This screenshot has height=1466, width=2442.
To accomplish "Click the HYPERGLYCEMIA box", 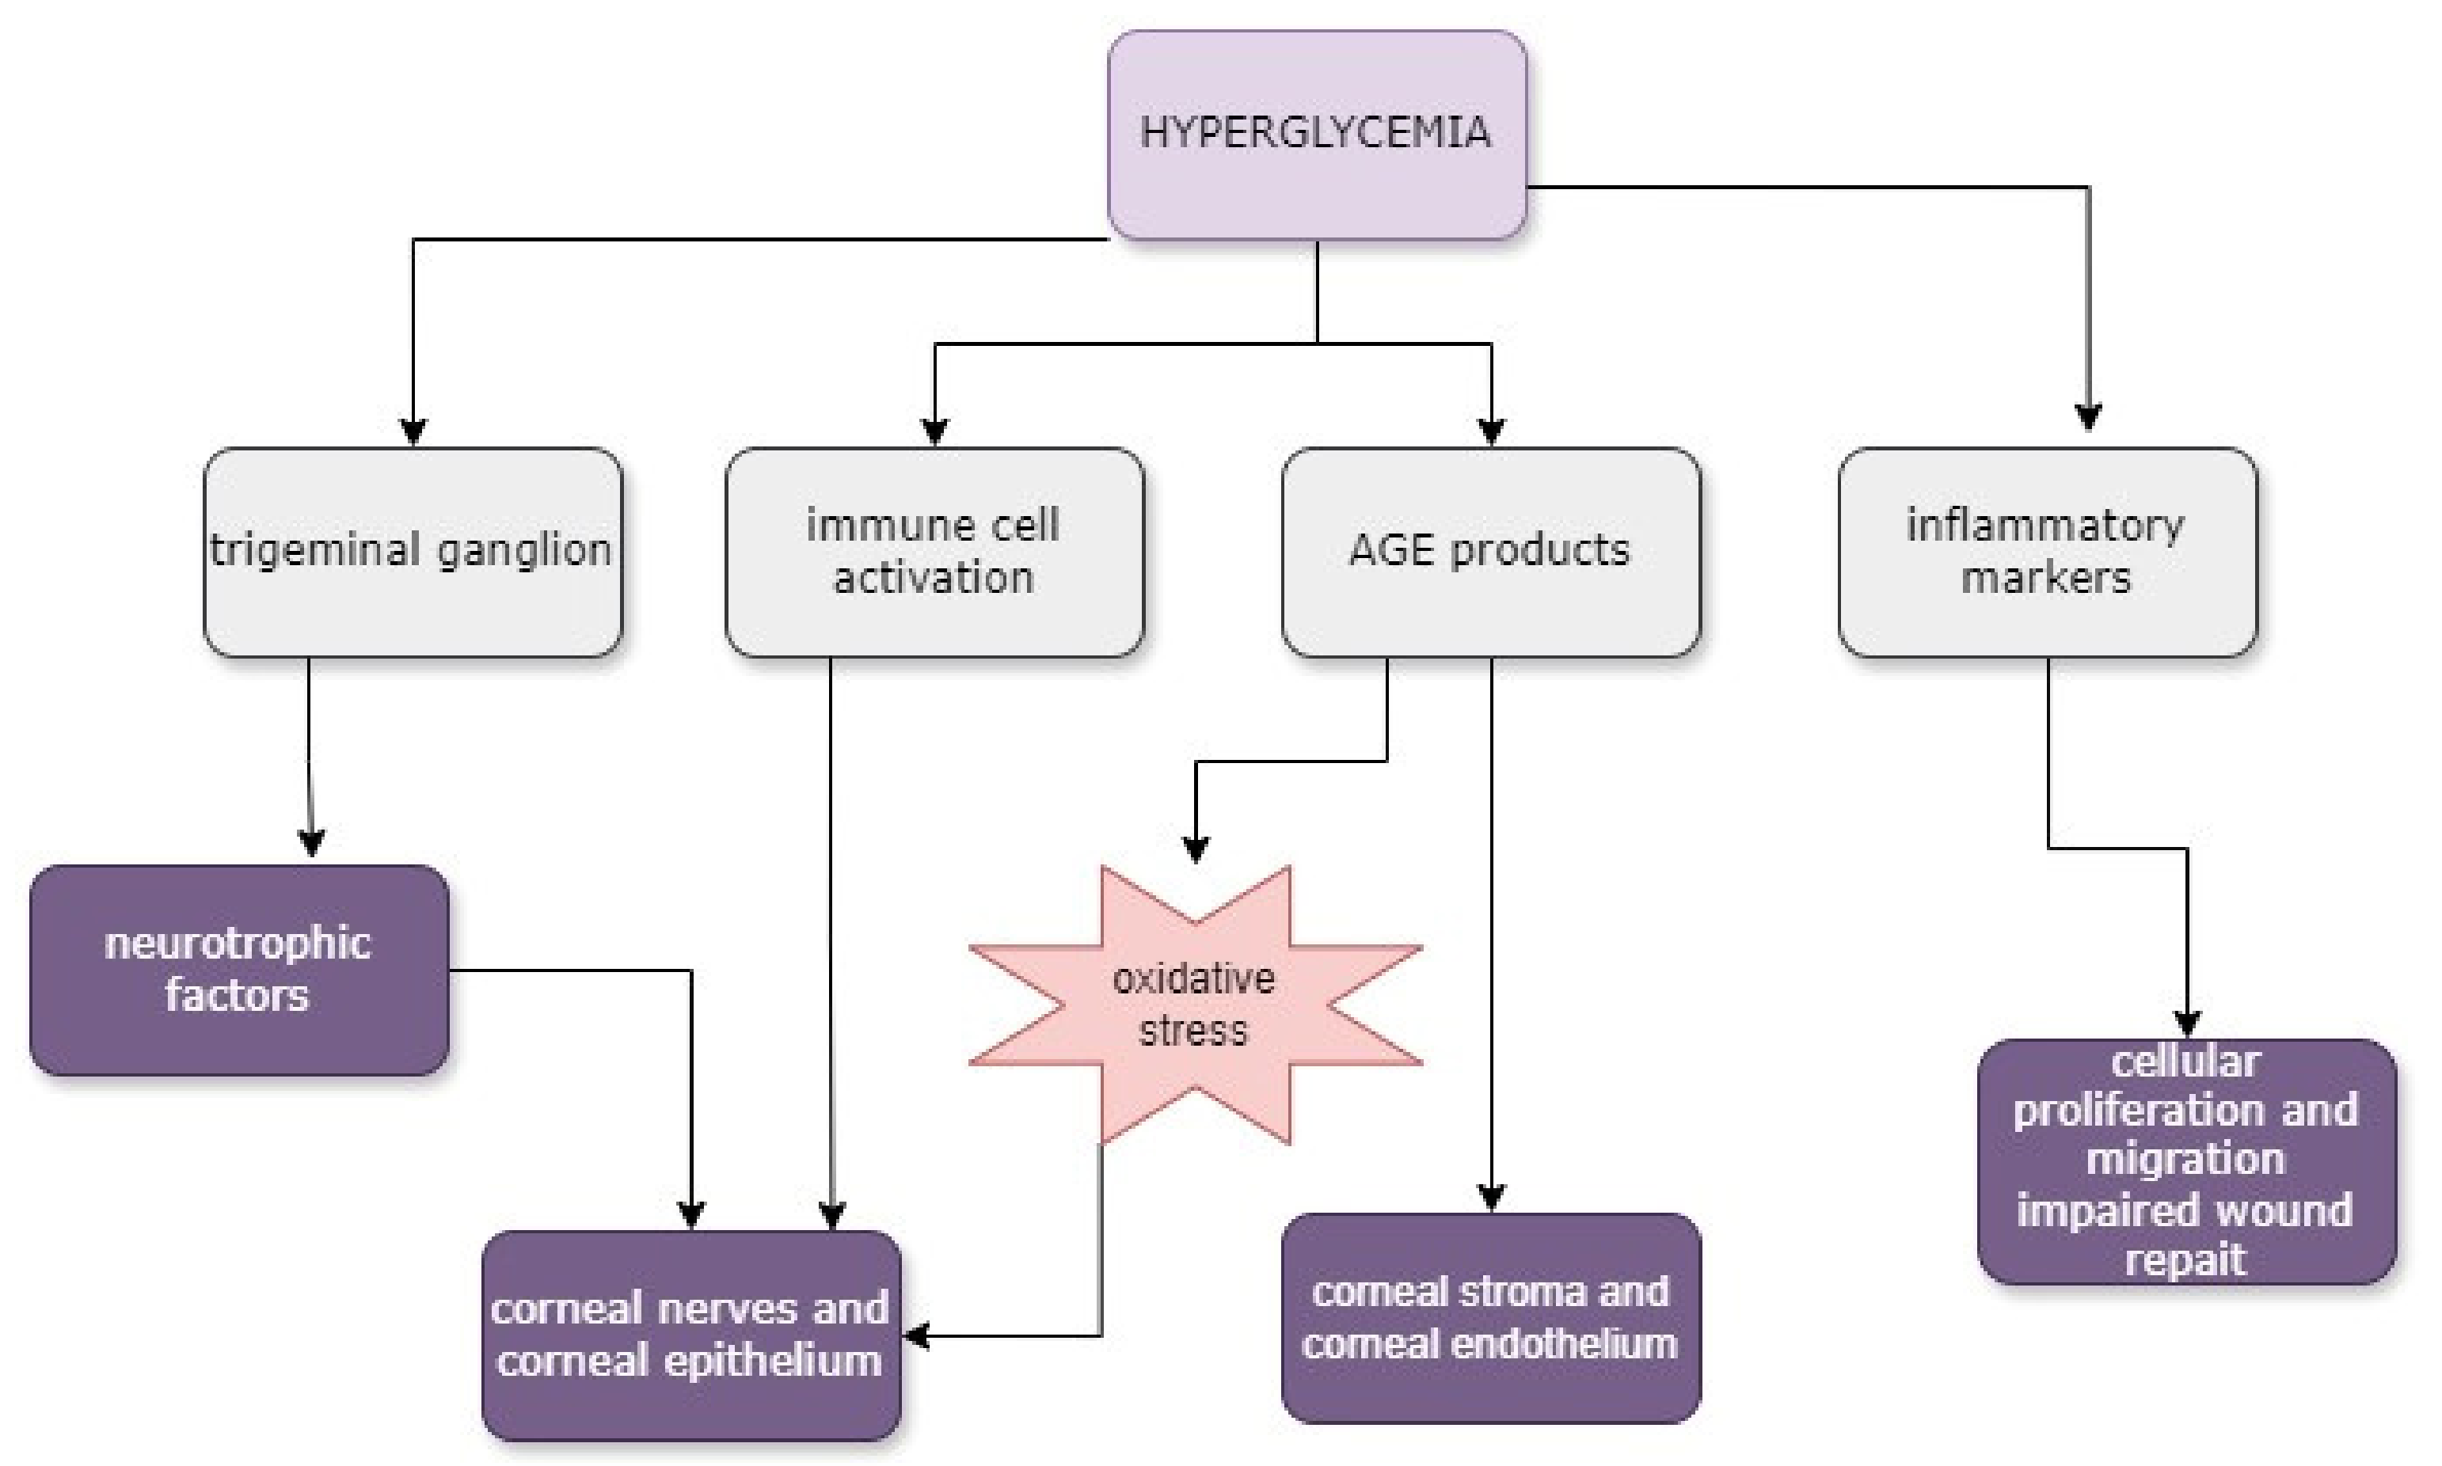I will [1316, 135].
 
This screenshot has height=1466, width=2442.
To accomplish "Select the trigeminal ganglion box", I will [413, 551].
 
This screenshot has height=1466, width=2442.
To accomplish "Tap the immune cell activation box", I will [934, 551].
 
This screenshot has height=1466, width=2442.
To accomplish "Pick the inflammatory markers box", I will [2046, 551].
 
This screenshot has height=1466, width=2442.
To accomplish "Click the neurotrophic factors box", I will [238, 969].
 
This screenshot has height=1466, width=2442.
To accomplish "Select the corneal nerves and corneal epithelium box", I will [690, 1334].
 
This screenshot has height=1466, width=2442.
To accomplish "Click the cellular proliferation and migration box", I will [2186, 1160].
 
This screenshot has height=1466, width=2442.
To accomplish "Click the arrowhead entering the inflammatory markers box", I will [2087, 417].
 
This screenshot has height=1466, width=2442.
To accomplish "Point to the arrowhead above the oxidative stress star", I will [1196, 849].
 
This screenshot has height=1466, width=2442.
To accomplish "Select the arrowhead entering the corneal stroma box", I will [1491, 1196].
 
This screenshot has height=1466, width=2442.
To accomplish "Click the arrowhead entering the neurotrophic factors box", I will [311, 841].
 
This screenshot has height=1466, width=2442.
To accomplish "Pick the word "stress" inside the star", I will [1193, 1031].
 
